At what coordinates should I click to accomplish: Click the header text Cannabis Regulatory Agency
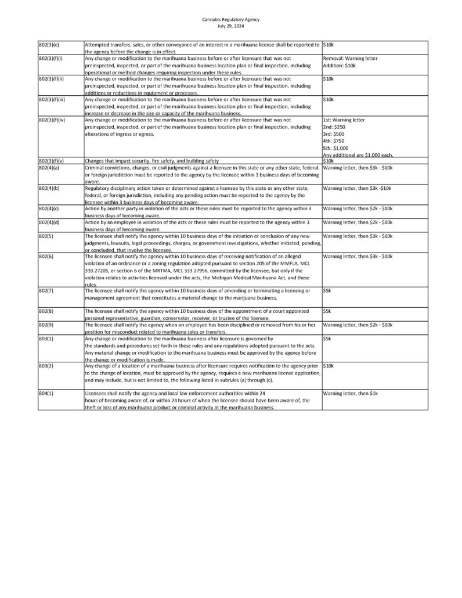coord(230,19)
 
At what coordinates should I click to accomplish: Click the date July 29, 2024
coord(230,26)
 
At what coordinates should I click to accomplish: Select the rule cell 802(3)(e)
coord(50,45)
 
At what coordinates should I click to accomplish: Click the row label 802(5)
coord(46,236)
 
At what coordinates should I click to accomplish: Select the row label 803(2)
coord(46,366)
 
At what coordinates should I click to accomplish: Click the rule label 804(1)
coord(46,394)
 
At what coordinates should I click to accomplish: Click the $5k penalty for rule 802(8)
coord(327,311)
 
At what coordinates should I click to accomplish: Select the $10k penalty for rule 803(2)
coord(328,366)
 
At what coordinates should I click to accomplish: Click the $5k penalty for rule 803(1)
coord(327,338)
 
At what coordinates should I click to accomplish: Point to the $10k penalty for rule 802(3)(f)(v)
coord(328,160)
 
